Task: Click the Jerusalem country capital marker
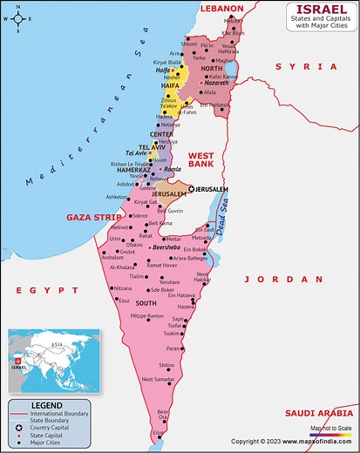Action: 192,188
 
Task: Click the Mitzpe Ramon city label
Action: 146,315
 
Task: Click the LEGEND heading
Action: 46,405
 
